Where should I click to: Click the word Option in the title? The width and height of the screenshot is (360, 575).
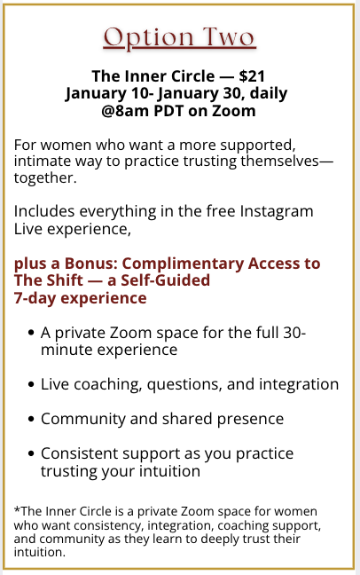point(148,38)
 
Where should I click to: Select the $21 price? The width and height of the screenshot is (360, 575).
point(252,76)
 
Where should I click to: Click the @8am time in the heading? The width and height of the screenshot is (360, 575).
point(125,111)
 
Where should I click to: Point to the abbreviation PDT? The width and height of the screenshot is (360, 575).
point(168,111)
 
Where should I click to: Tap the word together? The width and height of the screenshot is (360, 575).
point(45,177)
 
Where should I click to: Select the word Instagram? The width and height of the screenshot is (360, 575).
point(277,211)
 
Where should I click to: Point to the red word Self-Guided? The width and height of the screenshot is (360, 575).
point(165,280)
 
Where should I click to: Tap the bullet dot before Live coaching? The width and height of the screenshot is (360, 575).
point(31,384)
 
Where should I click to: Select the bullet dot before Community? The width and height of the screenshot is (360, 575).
point(31,419)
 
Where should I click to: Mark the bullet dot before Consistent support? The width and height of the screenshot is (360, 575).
point(31,453)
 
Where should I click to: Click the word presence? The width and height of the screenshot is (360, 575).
point(250,420)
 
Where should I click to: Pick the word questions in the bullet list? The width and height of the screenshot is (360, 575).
point(184,385)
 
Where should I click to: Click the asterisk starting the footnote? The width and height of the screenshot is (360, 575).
point(17,509)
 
